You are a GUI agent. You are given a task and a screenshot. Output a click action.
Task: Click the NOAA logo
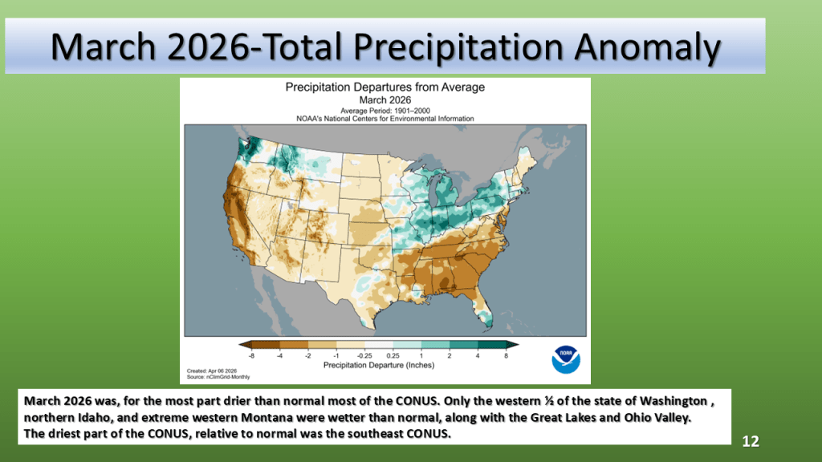click(x=566, y=359)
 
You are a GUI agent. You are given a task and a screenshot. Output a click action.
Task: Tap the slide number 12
click(x=751, y=442)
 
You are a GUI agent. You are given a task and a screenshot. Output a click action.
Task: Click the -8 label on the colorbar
click(x=251, y=354)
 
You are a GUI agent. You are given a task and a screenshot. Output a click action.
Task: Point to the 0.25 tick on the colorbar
click(x=393, y=354)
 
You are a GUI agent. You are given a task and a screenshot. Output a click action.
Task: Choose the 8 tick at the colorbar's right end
click(x=507, y=354)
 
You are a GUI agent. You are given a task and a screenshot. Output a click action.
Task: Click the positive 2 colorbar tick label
click(x=450, y=354)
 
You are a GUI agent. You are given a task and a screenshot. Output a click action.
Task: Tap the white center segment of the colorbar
click(x=379, y=345)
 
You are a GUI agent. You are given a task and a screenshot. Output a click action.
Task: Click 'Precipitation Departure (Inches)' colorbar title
click(x=379, y=364)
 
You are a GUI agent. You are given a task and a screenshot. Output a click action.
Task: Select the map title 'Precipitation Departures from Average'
click(x=385, y=87)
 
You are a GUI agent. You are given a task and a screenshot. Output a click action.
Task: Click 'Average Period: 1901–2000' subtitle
click(x=385, y=109)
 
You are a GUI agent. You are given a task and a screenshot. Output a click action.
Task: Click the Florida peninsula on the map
click(x=482, y=309)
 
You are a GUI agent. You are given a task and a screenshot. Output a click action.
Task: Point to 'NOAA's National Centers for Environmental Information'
click(x=385, y=118)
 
